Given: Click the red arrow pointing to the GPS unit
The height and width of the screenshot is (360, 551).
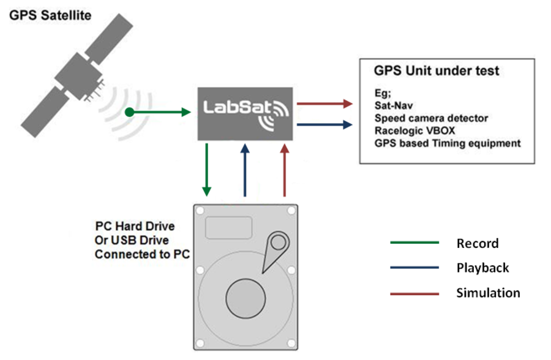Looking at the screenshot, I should pyautogui.click(x=324, y=103).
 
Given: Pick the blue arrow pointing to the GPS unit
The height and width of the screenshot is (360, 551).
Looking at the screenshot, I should pyautogui.click(x=324, y=125).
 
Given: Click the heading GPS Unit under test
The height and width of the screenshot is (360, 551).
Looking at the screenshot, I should pyautogui.click(x=437, y=71).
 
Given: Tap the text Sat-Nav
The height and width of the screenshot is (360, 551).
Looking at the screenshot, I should pyautogui.click(x=393, y=106).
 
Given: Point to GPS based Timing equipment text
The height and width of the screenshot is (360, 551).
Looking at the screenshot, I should pyautogui.click(x=447, y=143).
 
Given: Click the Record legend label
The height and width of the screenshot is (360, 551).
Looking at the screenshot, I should pyautogui.click(x=478, y=244).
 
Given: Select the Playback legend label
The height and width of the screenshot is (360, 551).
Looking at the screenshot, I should pyautogui.click(x=482, y=268).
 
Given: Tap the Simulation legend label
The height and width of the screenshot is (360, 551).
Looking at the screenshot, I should pyautogui.click(x=488, y=293).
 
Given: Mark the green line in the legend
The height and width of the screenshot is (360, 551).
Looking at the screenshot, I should pyautogui.click(x=414, y=243).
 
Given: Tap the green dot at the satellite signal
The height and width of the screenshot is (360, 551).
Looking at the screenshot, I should pyautogui.click(x=129, y=112).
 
